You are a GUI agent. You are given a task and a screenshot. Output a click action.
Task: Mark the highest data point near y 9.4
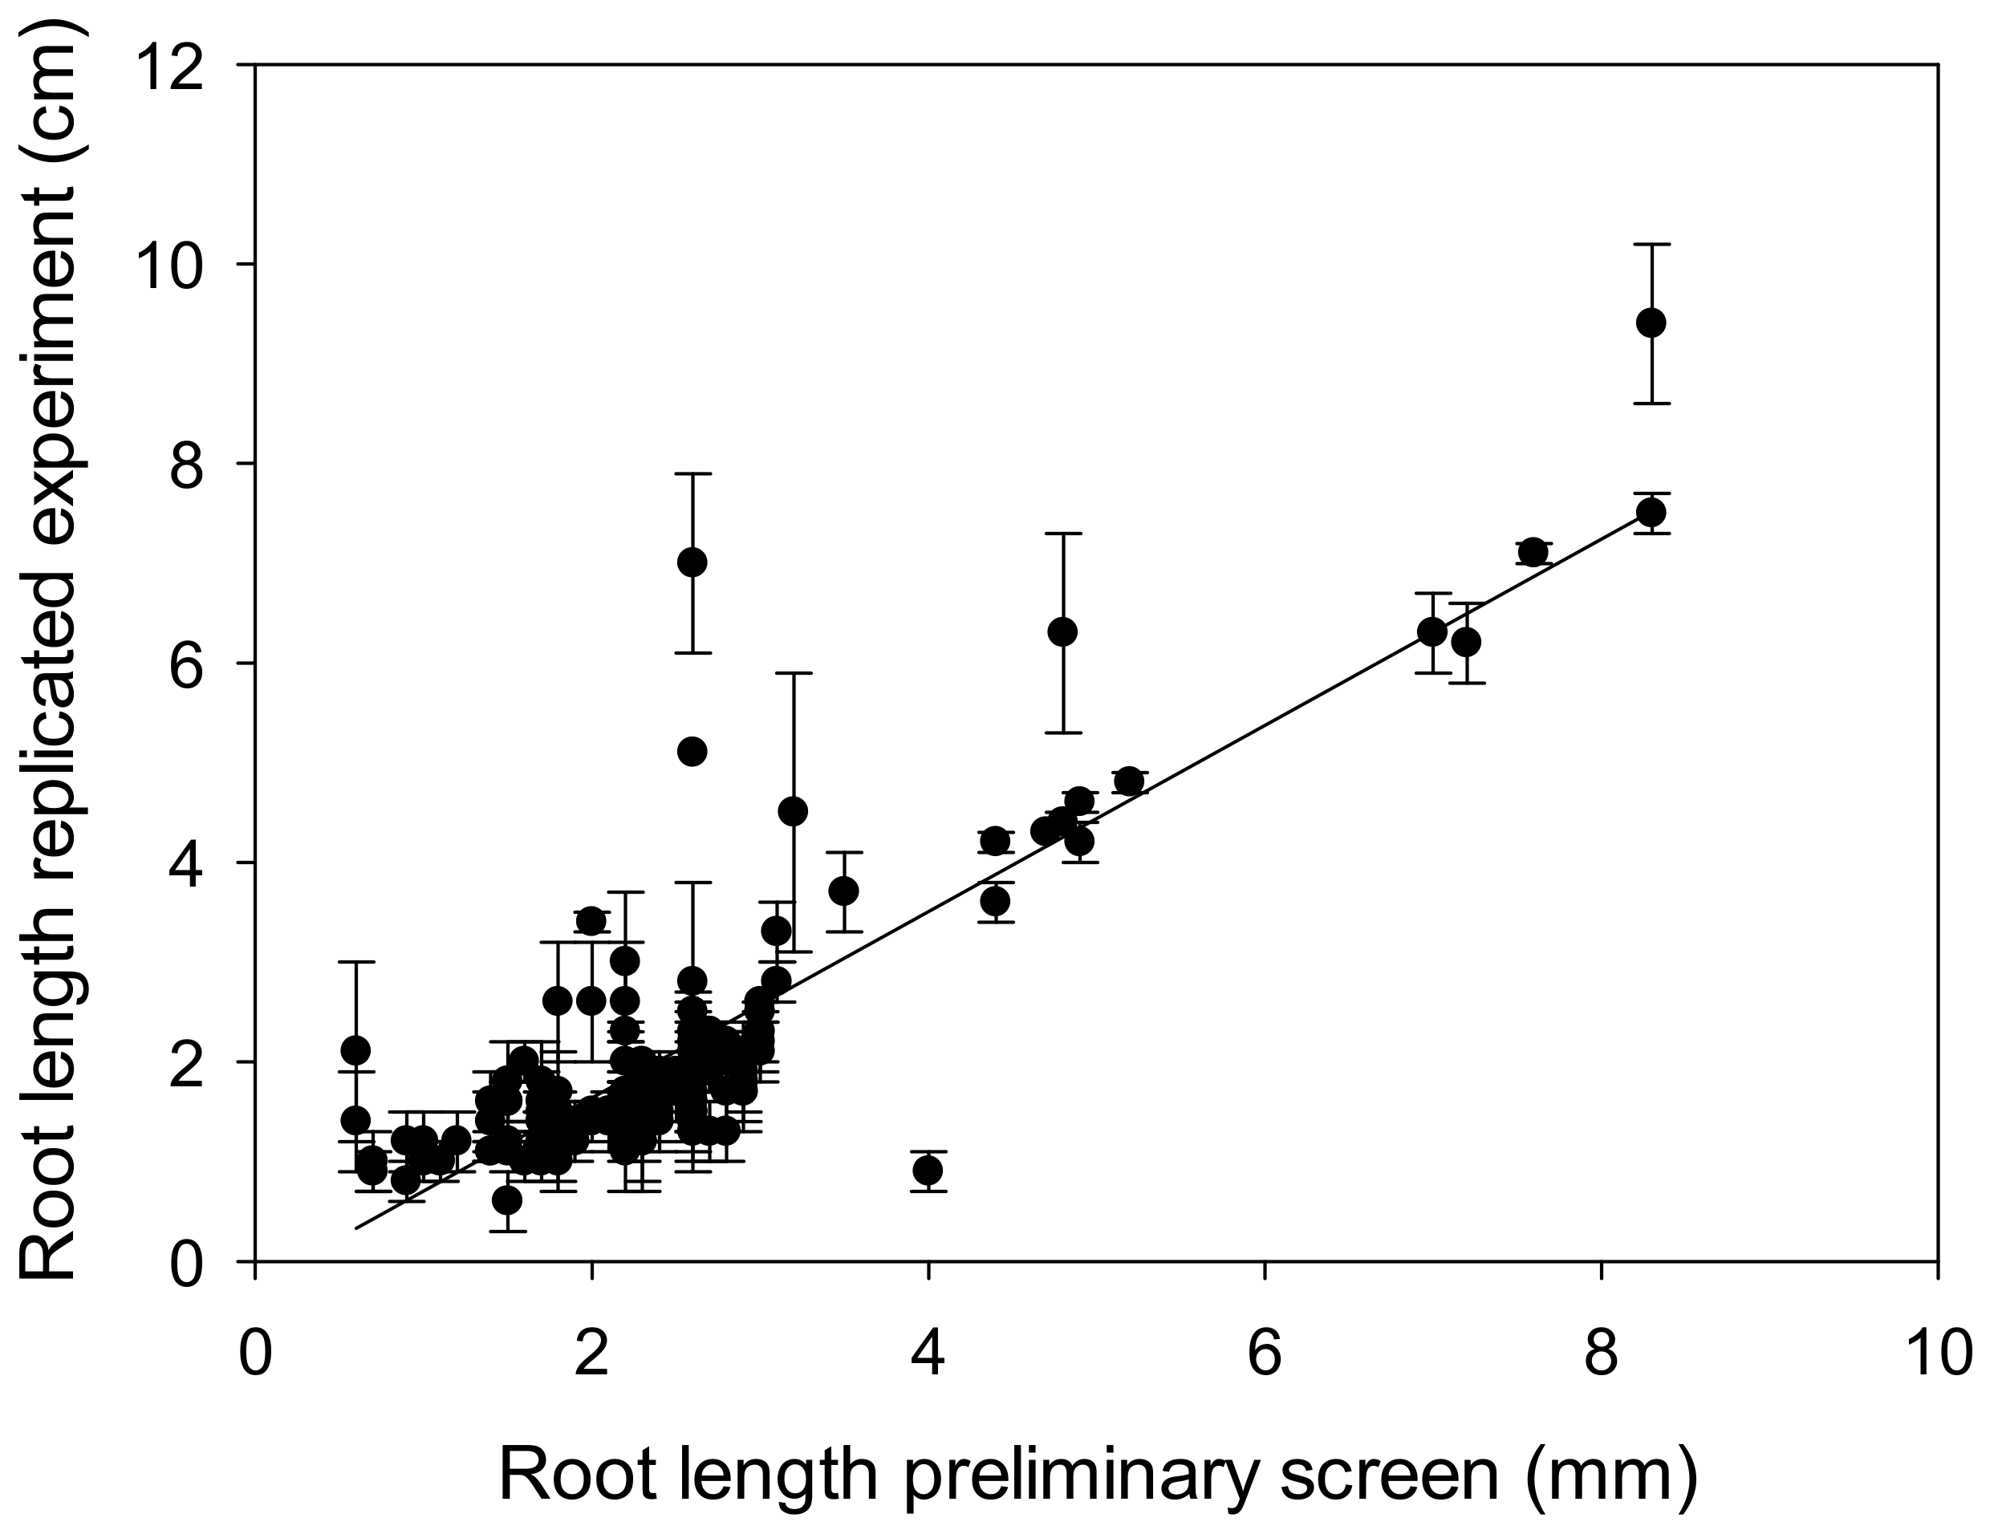pyautogui.click(x=1651, y=323)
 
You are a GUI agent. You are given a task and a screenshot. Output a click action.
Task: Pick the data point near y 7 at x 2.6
pyautogui.click(x=692, y=562)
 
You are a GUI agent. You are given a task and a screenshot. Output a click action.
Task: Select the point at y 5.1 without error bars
pyautogui.click(x=692, y=751)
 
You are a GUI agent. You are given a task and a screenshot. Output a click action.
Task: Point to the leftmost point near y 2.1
pyautogui.click(x=355, y=1051)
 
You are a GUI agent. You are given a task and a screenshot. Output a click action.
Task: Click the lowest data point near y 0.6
pyautogui.click(x=507, y=1200)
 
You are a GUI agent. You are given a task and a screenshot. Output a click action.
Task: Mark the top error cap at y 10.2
pyautogui.click(x=1651, y=245)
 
